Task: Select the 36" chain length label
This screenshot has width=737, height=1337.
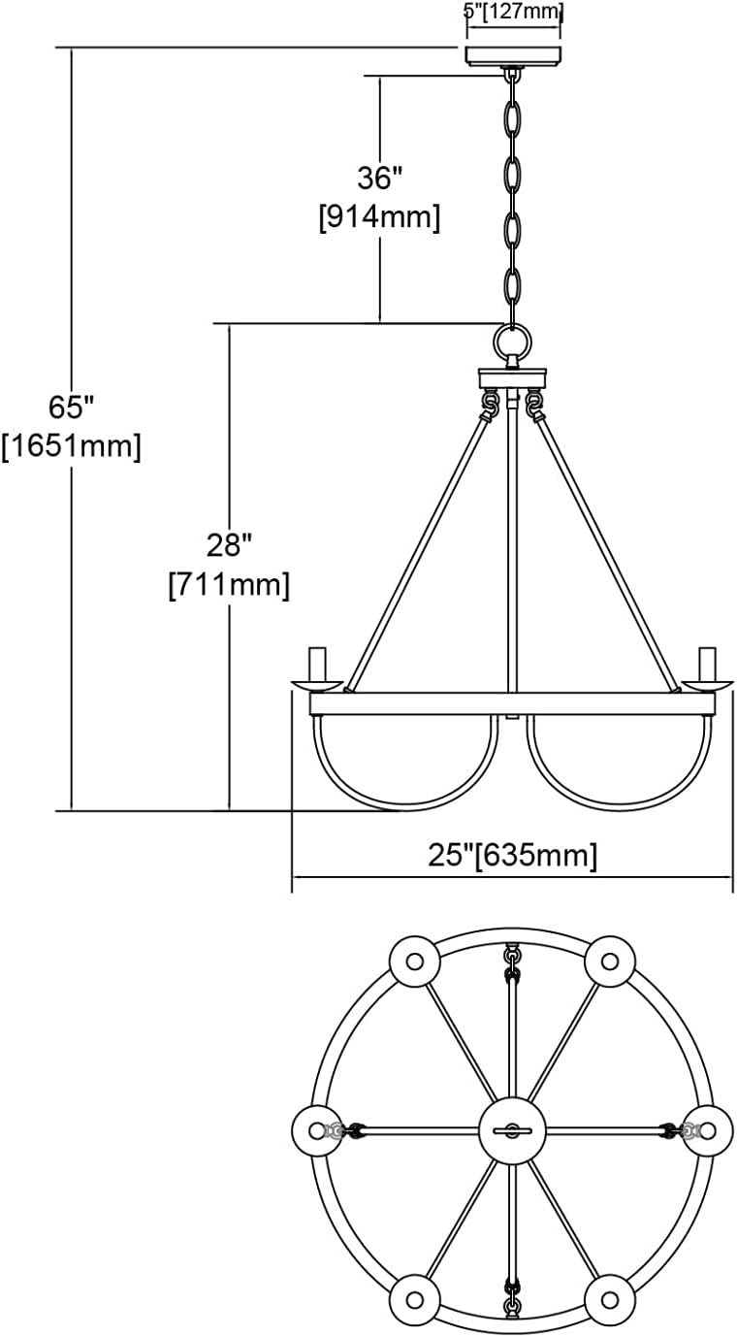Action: [x=379, y=178]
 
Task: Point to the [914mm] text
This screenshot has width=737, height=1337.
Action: [x=379, y=217]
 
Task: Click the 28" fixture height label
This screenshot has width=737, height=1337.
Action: [x=229, y=545]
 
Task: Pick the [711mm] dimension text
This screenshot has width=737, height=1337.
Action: [x=229, y=585]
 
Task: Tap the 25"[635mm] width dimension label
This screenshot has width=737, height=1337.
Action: [x=512, y=855]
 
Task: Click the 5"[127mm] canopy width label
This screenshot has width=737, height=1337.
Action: [x=514, y=13]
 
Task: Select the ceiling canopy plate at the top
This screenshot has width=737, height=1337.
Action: [x=514, y=54]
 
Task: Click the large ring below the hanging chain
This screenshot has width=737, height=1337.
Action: [x=513, y=342]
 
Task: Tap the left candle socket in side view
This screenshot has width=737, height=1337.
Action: [x=316, y=665]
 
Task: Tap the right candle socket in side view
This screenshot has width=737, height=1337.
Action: [x=708, y=665]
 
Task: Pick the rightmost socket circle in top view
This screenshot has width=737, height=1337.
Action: [x=708, y=1130]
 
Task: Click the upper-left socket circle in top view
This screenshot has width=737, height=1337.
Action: [x=415, y=962]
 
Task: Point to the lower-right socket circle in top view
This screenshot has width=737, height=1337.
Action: [x=610, y=1299]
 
